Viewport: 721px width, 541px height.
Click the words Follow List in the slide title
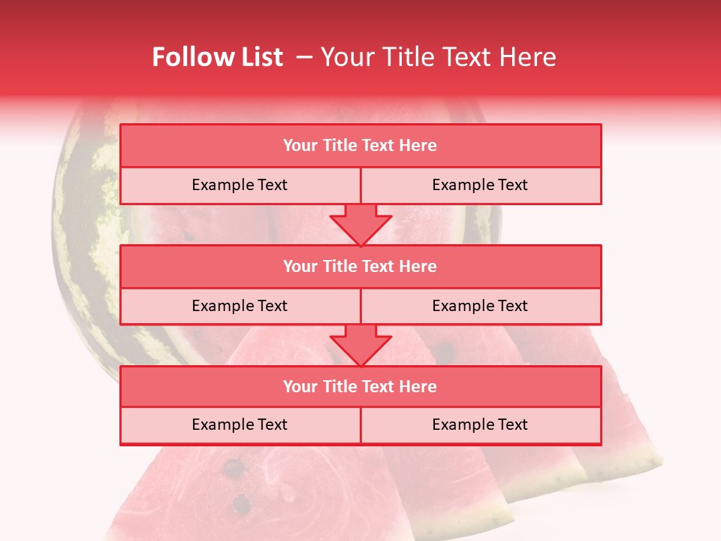[x=217, y=57]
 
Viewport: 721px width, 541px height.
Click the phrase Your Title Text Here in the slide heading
[x=438, y=57]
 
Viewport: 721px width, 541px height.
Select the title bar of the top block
[x=360, y=146]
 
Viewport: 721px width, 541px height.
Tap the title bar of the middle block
[x=360, y=266]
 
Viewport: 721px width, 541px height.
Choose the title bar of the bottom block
[x=360, y=386]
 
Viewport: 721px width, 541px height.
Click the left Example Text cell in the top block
[x=240, y=185]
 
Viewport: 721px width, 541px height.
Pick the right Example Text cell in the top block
[x=480, y=185]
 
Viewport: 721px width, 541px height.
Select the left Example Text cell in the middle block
[x=240, y=306]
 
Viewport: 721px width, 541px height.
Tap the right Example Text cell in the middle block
[x=480, y=306]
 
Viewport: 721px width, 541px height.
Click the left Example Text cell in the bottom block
[x=240, y=425]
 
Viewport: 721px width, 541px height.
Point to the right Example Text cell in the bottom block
[x=480, y=425]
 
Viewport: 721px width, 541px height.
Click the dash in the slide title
[x=304, y=57]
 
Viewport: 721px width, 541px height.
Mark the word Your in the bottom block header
[x=300, y=386]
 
